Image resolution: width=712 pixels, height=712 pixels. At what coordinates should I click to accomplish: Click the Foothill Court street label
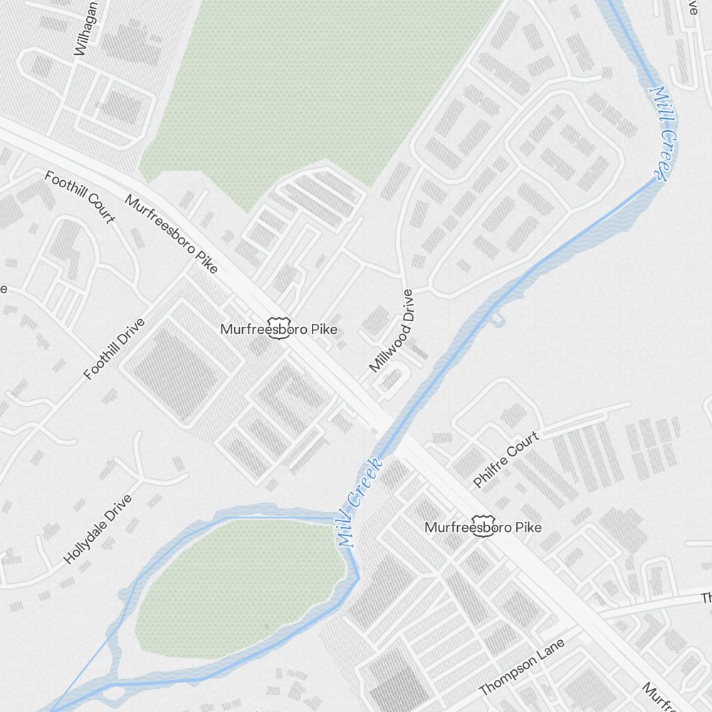point(80,197)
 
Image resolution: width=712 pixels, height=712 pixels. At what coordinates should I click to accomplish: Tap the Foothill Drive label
point(114,349)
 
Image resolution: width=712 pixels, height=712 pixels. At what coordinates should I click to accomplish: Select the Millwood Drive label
point(391,330)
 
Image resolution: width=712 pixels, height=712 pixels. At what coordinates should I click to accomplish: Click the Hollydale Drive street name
point(98,528)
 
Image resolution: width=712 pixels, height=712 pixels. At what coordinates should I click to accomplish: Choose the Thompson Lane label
point(521,667)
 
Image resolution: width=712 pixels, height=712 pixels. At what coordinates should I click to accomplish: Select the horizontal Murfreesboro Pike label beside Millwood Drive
point(278,330)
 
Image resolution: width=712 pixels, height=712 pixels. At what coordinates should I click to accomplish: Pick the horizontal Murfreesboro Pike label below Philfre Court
point(483,528)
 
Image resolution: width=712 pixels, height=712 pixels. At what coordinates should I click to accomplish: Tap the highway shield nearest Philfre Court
point(483,527)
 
